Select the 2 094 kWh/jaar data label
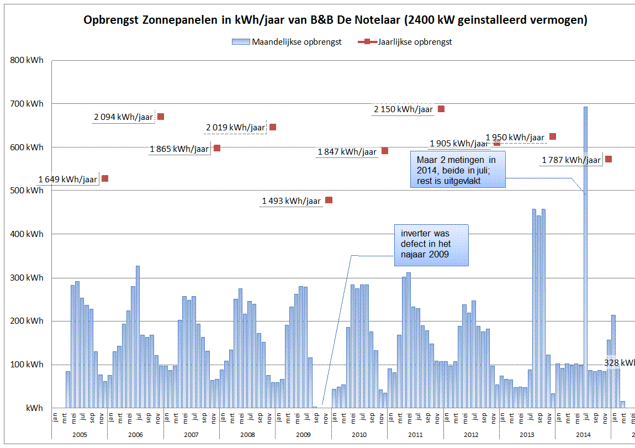123,117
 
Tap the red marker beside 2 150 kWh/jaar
441,109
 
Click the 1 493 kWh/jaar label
291,201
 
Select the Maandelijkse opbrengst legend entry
287,42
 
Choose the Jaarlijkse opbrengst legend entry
409,42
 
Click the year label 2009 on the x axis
303,435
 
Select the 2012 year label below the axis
471,435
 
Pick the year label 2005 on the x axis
80,435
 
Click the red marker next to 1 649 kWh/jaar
105,178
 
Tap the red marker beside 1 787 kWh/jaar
608,159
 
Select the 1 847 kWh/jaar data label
347,152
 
